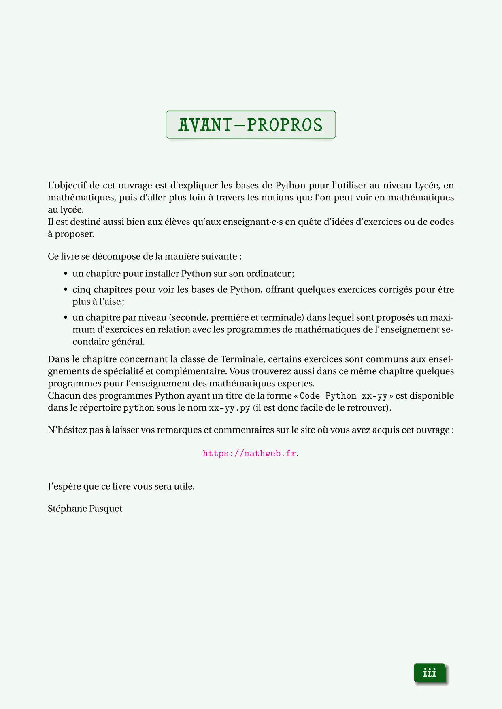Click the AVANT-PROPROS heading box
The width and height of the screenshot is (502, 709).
[x=251, y=124]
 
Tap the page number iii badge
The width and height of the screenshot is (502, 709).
[x=430, y=673]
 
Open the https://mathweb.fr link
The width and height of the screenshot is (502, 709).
[x=249, y=454]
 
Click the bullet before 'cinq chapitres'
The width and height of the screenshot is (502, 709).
[x=66, y=290]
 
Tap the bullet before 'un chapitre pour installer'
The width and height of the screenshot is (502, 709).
[x=66, y=274]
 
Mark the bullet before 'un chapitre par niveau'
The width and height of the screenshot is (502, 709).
[x=66, y=318]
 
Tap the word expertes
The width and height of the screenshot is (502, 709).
[x=296, y=383]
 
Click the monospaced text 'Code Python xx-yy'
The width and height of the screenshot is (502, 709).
[x=343, y=396]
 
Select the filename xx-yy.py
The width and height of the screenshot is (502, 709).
[x=230, y=408]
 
